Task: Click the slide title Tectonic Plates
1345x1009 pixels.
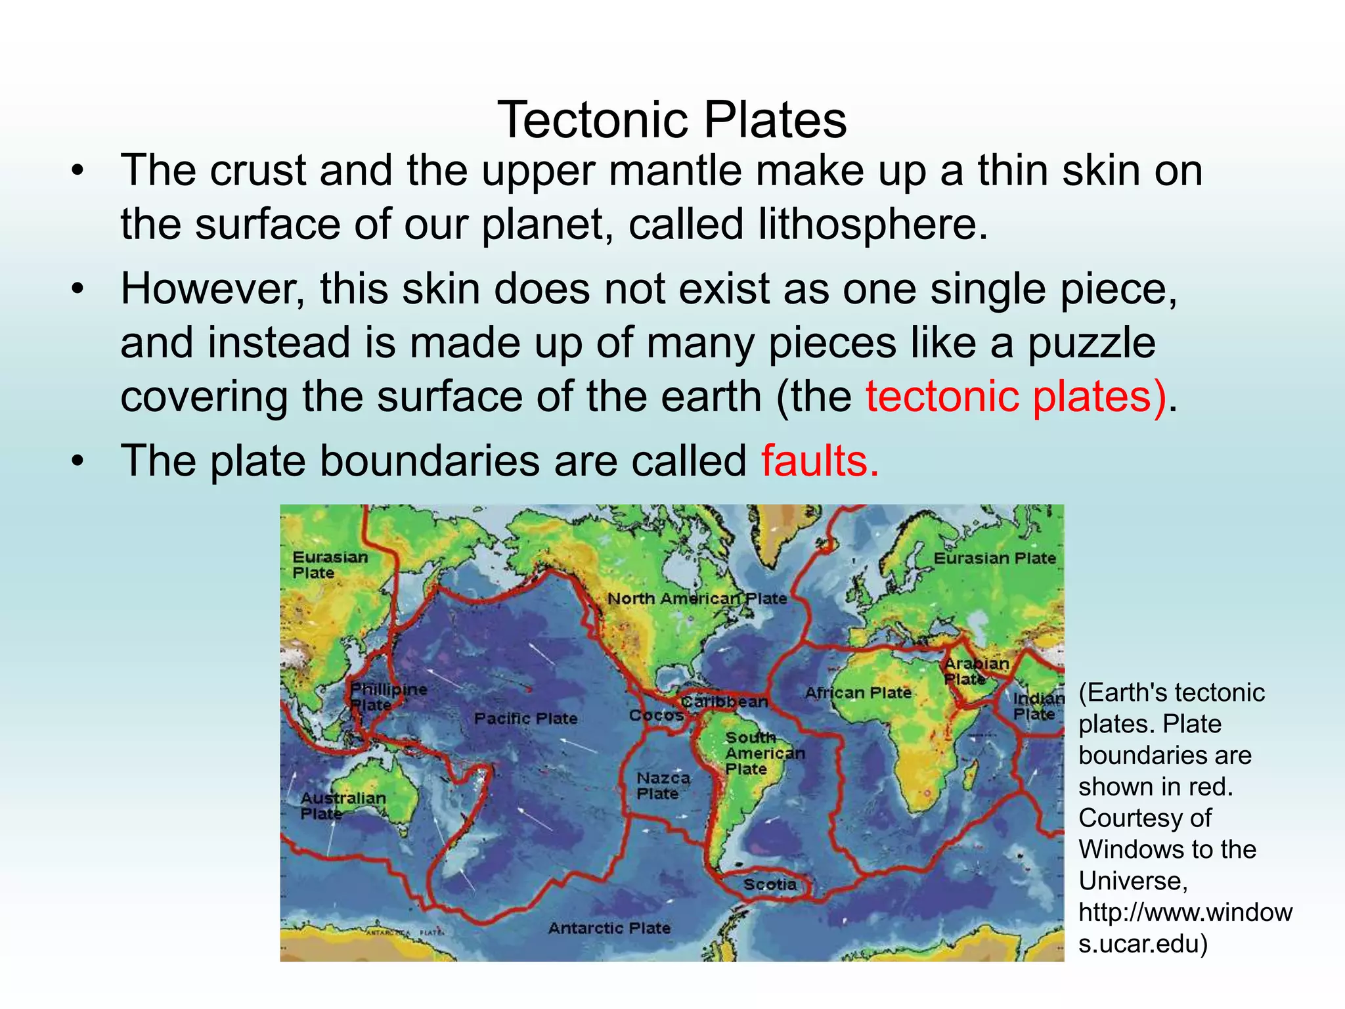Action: [672, 120]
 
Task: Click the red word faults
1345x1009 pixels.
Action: [819, 460]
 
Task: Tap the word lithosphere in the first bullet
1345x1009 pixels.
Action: [872, 224]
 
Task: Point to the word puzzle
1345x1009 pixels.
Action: [1091, 343]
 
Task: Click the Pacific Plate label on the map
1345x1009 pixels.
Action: [525, 719]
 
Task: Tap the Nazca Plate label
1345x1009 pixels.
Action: [663, 786]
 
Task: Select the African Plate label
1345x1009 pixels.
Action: [858, 693]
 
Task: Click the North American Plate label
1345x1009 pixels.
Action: [697, 598]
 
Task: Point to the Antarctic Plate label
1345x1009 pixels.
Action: [609, 928]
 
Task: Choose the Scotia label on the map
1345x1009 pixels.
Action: [770, 885]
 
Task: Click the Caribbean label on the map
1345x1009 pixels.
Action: [724, 702]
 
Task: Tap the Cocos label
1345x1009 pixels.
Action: [656, 715]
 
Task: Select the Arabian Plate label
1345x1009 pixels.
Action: [976, 671]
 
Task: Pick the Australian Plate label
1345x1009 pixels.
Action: [342, 805]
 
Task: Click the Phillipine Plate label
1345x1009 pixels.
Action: [387, 697]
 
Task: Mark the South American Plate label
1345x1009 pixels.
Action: [764, 753]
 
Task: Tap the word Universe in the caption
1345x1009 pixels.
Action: [1132, 881]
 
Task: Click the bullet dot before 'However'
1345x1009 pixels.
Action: [78, 289]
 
